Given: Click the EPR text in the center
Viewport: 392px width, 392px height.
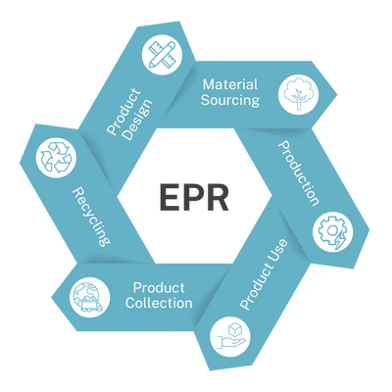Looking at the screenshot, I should pyautogui.click(x=196, y=197).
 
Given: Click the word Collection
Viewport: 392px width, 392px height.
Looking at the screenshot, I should pyautogui.click(x=160, y=303).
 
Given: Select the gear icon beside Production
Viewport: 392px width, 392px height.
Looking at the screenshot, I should pyautogui.click(x=328, y=232).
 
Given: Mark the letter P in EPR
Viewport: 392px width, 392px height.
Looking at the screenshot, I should pyautogui.click(x=195, y=197).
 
